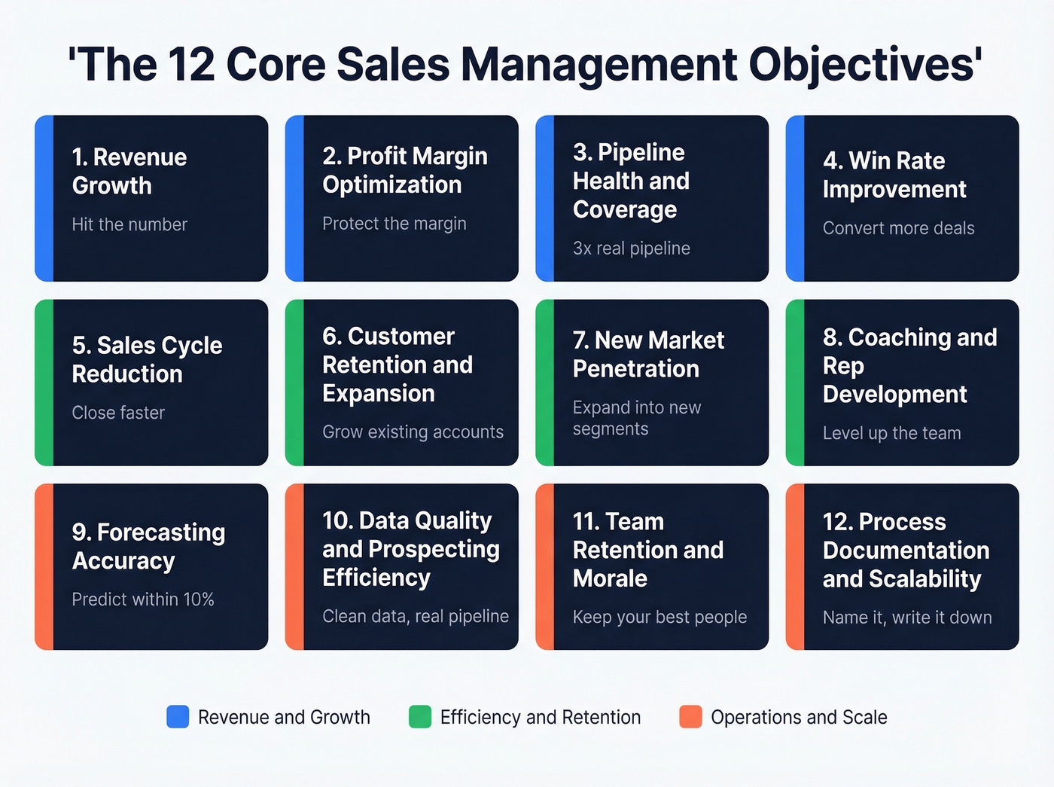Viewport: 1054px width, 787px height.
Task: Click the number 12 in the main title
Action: [x=191, y=65]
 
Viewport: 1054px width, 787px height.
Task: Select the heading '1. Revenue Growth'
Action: [x=129, y=171]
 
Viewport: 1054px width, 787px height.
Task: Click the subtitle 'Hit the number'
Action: [x=129, y=224]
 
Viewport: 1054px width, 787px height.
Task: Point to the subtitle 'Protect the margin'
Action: [x=394, y=224]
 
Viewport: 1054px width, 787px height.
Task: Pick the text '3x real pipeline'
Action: [x=631, y=249]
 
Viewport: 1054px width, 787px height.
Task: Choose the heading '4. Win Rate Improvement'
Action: [x=894, y=175]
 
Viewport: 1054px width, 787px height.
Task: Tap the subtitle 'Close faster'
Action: [x=118, y=413]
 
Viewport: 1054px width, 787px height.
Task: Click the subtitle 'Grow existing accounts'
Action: [x=413, y=432]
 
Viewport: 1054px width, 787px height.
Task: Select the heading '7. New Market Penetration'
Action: [x=648, y=354]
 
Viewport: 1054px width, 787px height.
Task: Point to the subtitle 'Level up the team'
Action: [x=891, y=433]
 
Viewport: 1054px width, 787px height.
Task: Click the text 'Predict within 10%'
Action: [x=143, y=599]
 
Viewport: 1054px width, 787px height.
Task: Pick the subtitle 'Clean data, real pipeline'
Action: [x=416, y=616]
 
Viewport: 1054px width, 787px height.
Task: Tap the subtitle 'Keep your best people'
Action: [x=660, y=618]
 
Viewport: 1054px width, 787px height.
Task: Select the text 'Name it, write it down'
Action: [x=907, y=618]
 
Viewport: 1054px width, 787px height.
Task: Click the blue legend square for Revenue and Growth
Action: [x=178, y=717]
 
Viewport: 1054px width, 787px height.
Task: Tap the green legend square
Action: [x=419, y=717]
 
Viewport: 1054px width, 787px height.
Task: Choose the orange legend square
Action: [x=690, y=717]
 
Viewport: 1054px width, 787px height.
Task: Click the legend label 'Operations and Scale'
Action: [x=799, y=717]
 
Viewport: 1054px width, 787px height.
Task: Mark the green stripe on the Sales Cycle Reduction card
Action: [x=44, y=383]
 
